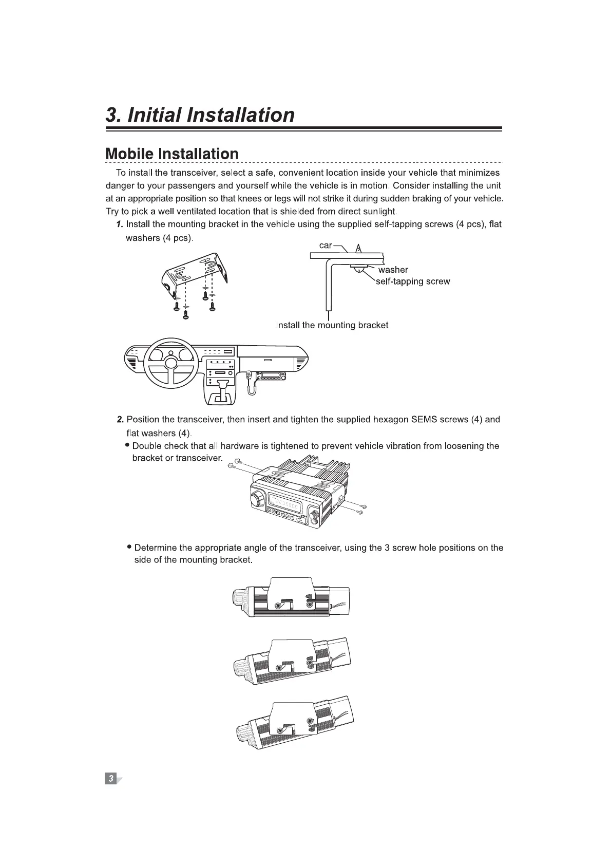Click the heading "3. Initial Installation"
(x=200, y=115)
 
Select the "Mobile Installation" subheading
(x=172, y=154)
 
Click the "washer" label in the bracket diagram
(x=393, y=270)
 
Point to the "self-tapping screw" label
(x=413, y=281)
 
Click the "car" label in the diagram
(x=326, y=246)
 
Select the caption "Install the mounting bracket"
(x=332, y=325)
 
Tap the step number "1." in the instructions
(x=119, y=224)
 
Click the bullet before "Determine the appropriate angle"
(x=130, y=547)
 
